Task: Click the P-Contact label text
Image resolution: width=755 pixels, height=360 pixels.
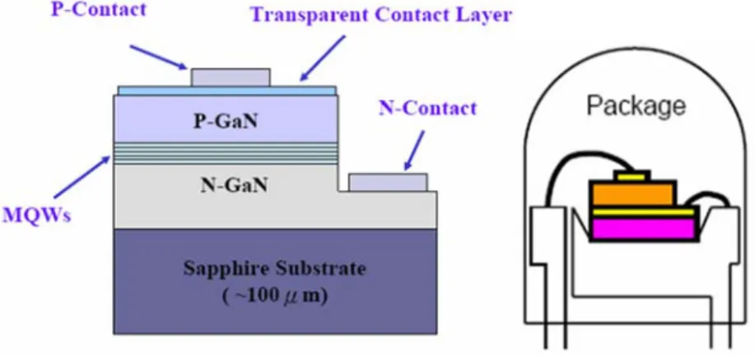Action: point(98,10)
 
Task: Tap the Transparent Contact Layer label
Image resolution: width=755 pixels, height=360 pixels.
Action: point(381,15)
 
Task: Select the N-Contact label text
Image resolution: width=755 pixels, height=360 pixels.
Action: point(427,109)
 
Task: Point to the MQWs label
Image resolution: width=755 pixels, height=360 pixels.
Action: point(36,215)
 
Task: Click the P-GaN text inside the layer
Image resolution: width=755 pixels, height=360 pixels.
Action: point(226,121)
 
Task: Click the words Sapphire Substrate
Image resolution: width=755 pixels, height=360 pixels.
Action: point(274,269)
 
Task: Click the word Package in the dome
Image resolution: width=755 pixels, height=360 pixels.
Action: point(636,105)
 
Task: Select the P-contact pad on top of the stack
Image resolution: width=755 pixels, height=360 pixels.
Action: point(231,77)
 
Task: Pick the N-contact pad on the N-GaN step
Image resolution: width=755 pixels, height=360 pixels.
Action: point(388,182)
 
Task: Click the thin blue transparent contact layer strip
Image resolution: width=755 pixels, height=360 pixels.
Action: point(226,90)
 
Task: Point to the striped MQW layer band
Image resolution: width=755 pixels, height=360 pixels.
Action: point(226,154)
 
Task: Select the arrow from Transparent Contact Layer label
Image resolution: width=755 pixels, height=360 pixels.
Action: point(323,58)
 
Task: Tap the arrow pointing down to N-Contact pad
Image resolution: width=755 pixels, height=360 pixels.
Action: point(415,150)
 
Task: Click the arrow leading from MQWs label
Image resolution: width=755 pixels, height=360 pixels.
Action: point(82,176)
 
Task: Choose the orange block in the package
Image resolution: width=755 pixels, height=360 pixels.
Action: point(631,194)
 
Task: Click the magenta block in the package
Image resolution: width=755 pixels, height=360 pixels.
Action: point(643,228)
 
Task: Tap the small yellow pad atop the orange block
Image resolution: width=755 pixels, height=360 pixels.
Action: point(631,176)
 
